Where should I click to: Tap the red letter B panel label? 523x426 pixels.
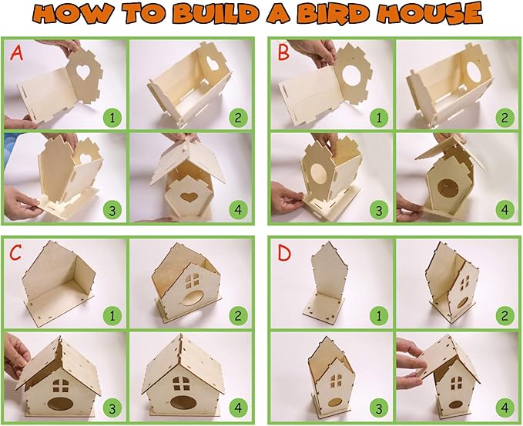click(x=286, y=54)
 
